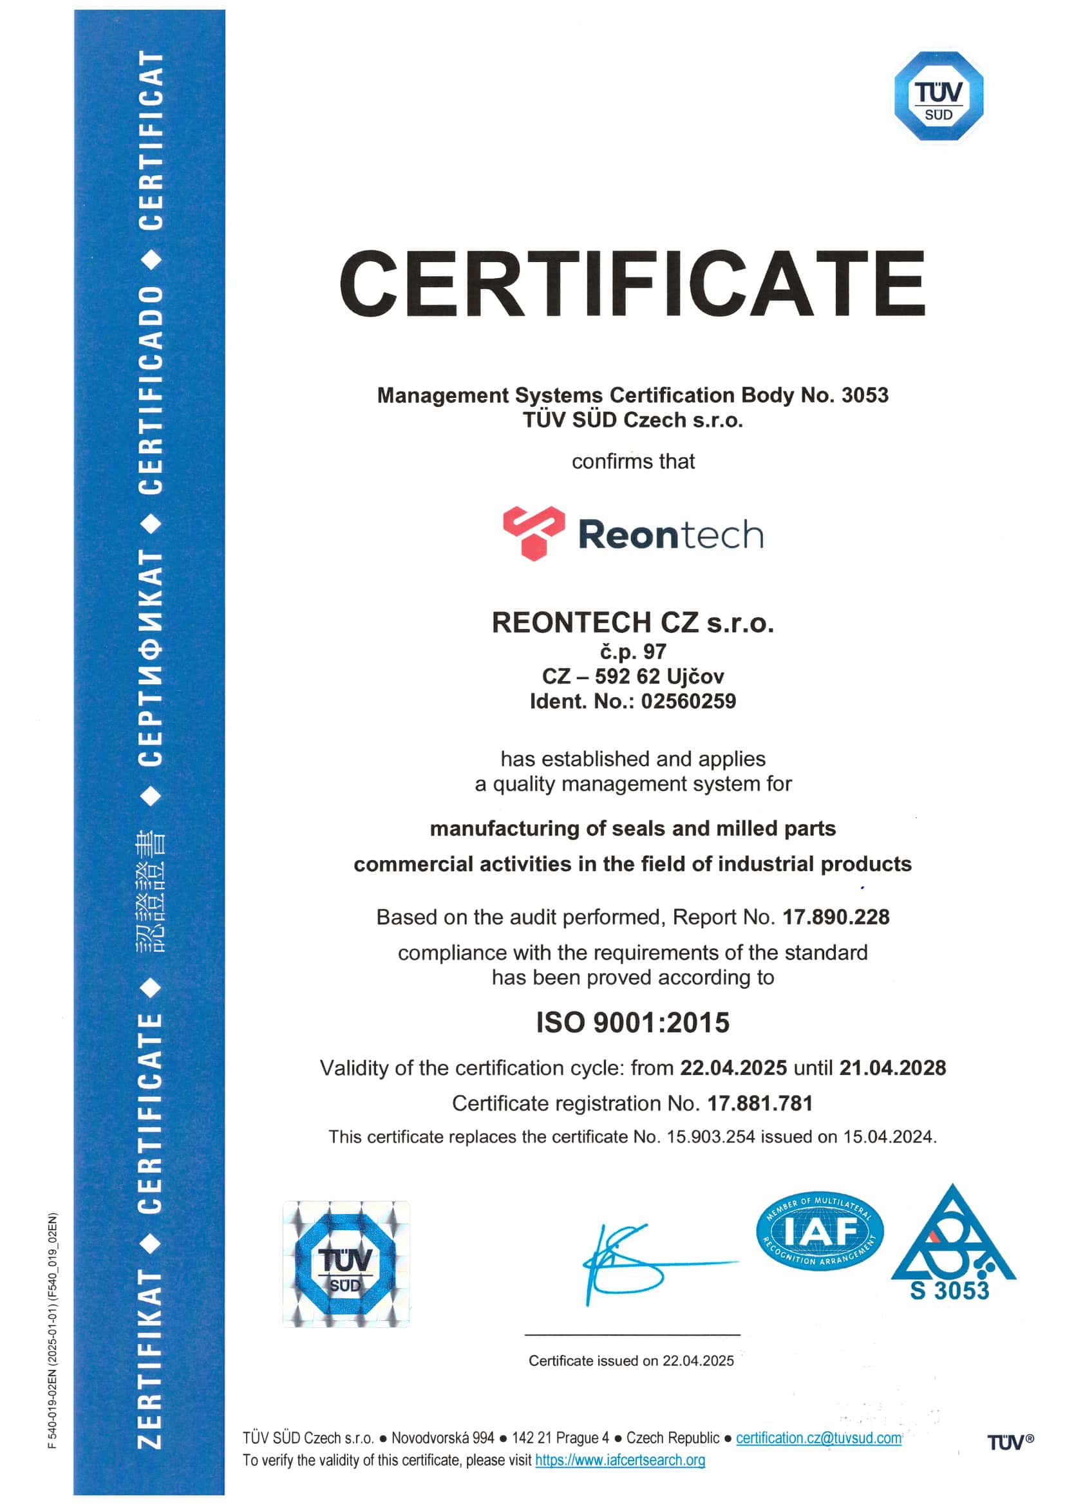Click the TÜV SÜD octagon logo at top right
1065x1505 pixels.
[x=938, y=96]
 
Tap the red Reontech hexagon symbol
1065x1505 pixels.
[x=533, y=533]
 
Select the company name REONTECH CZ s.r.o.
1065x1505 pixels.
[x=633, y=622]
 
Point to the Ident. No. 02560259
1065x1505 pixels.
[x=688, y=702]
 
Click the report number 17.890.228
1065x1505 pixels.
[x=836, y=917]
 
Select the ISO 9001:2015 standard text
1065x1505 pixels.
[x=633, y=1023]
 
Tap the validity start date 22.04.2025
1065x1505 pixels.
[x=733, y=1068]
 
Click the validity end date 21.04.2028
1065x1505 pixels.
[x=892, y=1068]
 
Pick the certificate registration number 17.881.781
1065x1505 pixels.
[x=760, y=1103]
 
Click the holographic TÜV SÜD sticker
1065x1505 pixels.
[x=346, y=1264]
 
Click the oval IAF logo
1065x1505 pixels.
[x=819, y=1231]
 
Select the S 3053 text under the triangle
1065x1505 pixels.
[x=949, y=1291]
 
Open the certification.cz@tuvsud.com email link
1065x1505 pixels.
[x=818, y=1437]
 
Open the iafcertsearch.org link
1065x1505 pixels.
[x=619, y=1460]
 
